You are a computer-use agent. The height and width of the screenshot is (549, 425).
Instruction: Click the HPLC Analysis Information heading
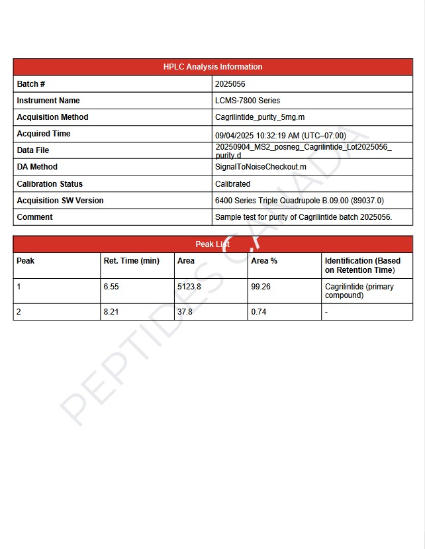212,67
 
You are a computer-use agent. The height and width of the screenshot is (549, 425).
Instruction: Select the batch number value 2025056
230,84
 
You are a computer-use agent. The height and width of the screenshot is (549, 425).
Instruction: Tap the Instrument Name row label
48,101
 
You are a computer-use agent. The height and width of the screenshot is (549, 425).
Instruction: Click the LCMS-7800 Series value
248,101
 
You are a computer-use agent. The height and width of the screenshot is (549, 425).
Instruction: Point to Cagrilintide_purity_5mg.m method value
260,117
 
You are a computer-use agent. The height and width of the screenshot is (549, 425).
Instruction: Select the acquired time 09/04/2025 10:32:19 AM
281,135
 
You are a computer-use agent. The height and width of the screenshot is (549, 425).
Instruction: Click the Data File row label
33,150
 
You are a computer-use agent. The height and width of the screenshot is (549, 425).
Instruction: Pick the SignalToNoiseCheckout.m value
261,167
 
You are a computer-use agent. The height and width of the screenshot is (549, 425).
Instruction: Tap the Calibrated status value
233,184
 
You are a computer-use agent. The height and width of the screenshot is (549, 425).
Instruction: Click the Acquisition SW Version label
60,201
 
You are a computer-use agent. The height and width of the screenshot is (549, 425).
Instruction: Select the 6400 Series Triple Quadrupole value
299,201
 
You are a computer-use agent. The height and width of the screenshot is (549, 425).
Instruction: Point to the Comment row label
34,217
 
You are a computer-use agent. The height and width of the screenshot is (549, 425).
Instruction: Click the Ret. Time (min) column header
132,261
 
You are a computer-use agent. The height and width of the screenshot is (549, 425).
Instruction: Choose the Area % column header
264,261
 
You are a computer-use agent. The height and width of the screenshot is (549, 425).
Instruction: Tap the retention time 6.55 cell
111,287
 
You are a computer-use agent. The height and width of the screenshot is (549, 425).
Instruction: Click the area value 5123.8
189,287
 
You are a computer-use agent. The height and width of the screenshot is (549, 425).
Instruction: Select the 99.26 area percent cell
261,287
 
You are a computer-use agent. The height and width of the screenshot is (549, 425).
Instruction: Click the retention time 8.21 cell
111,312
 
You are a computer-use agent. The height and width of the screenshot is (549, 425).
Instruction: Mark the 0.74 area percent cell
259,312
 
